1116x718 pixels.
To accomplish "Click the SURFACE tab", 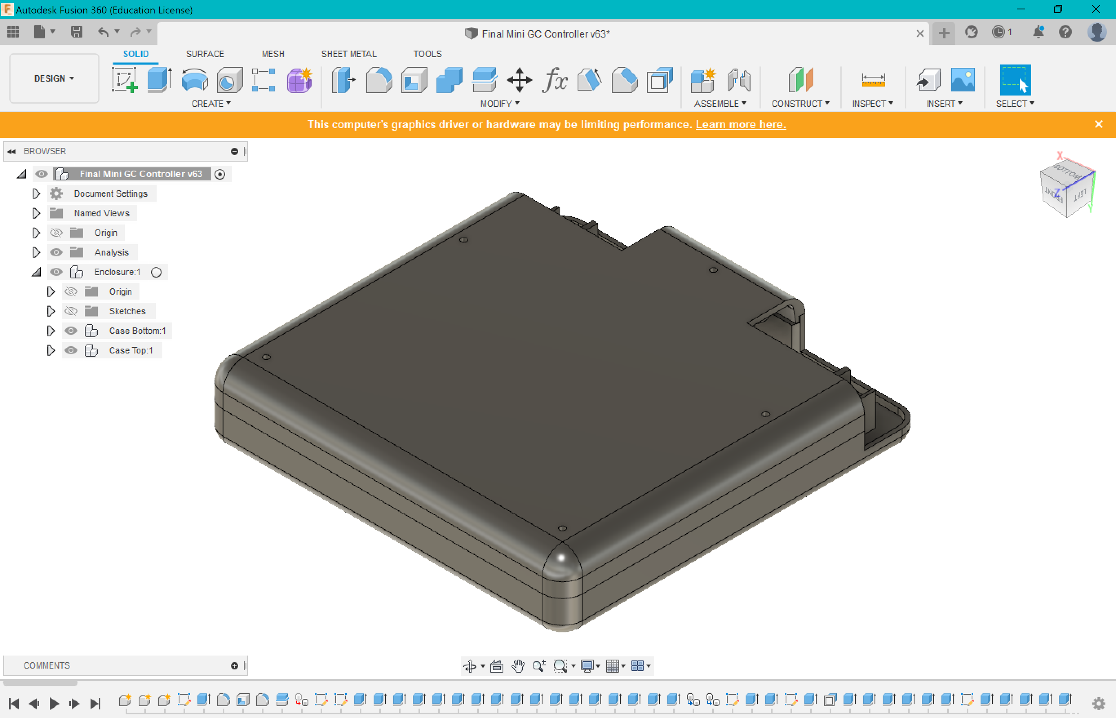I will [x=205, y=54].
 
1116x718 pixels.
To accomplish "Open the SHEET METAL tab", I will [x=348, y=54].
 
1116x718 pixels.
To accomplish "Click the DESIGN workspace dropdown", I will [x=54, y=78].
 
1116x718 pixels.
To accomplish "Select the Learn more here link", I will [x=741, y=124].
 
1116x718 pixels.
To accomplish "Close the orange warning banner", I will [x=1098, y=124].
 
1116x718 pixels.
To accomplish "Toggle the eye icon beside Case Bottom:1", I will [x=71, y=331].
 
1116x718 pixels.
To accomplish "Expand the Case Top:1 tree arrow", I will [x=51, y=350].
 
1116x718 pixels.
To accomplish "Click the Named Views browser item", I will [x=102, y=213].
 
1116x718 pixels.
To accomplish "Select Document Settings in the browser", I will [x=111, y=193].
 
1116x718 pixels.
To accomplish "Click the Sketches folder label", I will [x=127, y=311].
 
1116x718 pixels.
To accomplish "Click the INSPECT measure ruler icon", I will [x=873, y=80].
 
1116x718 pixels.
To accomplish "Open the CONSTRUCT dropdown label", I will [x=800, y=104].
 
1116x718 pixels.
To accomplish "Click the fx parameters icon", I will [x=554, y=80].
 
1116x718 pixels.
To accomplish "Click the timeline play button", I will [x=54, y=703].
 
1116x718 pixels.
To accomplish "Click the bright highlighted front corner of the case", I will [x=561, y=558].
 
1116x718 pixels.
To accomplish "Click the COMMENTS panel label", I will [x=46, y=665].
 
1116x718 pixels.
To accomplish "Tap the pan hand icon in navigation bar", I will [x=518, y=666].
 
